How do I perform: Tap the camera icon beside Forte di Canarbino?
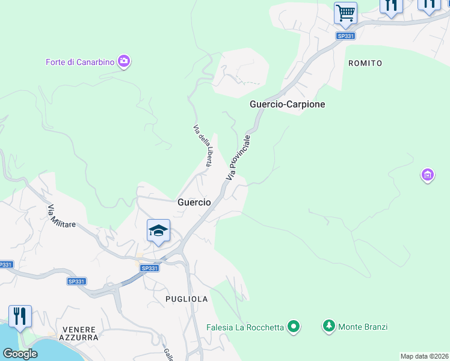125,61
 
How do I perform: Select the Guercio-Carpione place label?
287,104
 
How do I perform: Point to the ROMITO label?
365,63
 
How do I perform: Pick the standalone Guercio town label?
194,203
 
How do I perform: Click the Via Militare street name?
61,216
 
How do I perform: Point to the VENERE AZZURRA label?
80,333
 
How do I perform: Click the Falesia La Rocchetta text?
245,327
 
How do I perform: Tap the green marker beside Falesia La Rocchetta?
294,327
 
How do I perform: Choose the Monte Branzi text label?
363,327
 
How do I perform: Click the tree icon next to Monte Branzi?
328,327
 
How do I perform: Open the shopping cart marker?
345,13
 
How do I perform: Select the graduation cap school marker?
158,230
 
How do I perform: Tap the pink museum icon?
427,176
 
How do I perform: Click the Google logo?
20,354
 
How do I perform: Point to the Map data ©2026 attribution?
425,356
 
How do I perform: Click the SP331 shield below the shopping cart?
345,36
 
